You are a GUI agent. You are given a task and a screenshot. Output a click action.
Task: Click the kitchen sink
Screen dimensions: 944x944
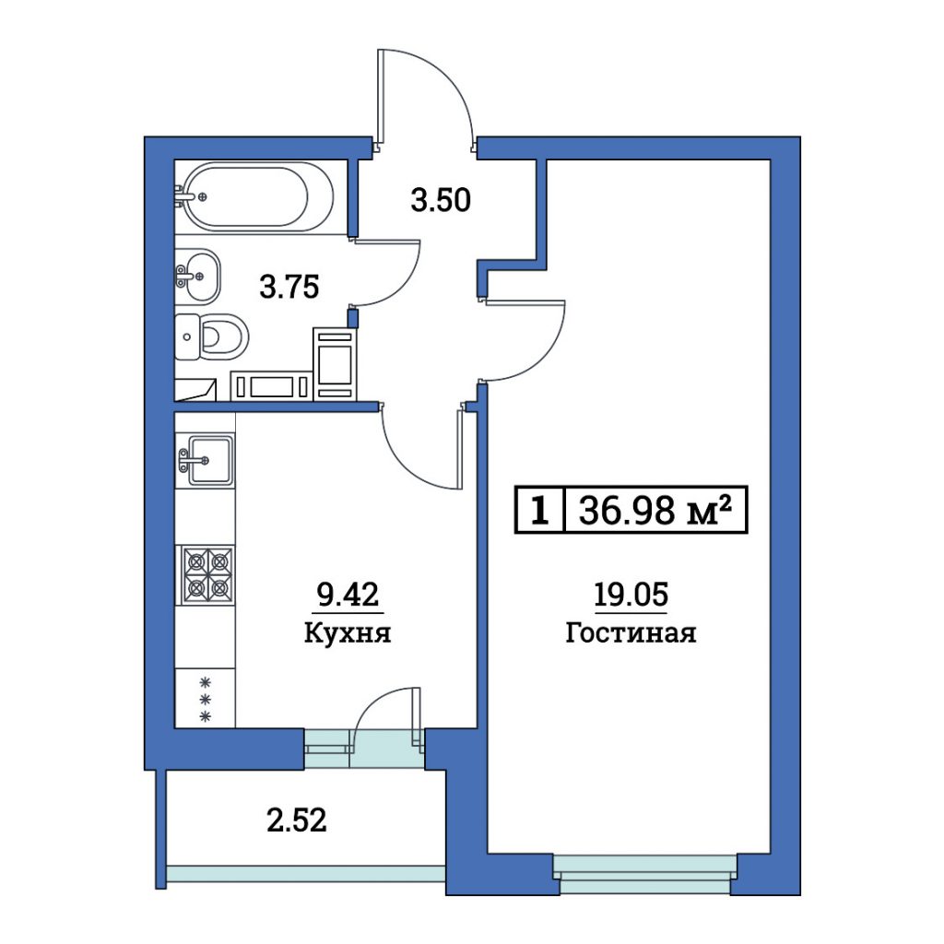coord(206,461)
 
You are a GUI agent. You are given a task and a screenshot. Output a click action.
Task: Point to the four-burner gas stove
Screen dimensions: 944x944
coord(205,575)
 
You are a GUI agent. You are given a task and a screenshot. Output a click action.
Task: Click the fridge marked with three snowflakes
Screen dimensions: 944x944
coord(205,699)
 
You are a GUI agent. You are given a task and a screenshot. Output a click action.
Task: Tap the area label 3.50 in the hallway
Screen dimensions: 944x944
coord(441,200)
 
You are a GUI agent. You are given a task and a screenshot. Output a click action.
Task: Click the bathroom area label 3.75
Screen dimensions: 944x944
coord(289,287)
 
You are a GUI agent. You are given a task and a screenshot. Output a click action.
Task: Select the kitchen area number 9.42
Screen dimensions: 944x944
coord(348,596)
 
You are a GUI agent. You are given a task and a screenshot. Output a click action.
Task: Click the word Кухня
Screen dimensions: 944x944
coord(348,632)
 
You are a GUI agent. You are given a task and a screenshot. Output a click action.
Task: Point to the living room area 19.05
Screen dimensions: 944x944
coord(631,595)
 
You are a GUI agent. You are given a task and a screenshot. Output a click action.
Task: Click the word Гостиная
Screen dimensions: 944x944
coord(631,632)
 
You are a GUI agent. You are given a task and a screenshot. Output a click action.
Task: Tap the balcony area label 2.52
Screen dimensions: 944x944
coord(297,820)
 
